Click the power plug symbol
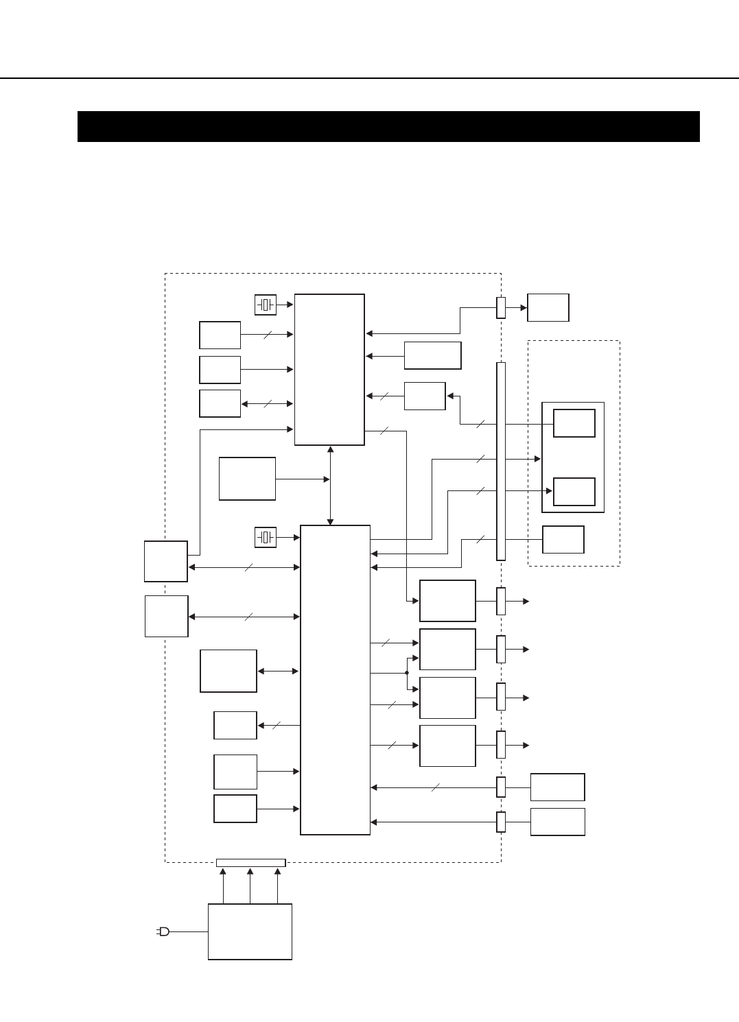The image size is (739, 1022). (163, 931)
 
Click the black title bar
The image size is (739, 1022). (388, 126)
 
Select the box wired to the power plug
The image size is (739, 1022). (250, 931)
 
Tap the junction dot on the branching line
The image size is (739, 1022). (407, 673)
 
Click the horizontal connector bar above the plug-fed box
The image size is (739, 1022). (250, 862)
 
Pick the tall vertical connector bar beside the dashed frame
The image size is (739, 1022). (501, 461)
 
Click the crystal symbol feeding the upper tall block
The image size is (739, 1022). (266, 305)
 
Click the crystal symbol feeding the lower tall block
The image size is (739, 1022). (266, 538)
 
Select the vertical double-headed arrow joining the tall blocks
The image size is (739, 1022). (331, 485)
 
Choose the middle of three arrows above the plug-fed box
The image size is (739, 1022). (250, 885)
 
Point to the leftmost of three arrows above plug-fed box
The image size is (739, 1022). (223, 885)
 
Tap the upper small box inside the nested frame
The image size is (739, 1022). (574, 423)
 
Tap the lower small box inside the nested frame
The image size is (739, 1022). (574, 492)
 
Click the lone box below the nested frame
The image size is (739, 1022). (563, 539)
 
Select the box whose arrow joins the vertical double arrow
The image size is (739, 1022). (247, 479)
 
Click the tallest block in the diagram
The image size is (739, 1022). (336, 680)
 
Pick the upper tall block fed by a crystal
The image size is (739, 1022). (329, 370)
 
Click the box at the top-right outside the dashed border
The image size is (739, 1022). (548, 307)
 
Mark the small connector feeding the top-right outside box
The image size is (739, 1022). (501, 307)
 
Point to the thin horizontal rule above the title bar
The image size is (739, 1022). (369, 78)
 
